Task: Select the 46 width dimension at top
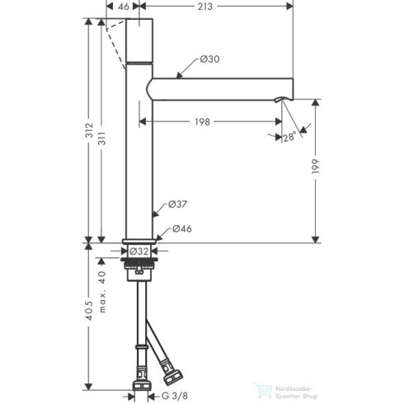[124, 7]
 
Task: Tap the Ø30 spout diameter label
[209, 59]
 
